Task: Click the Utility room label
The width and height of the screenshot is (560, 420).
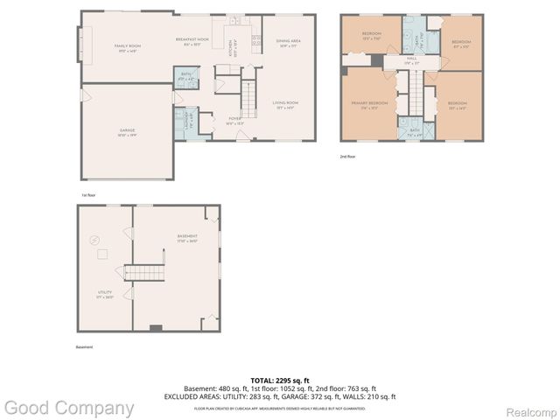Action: [104, 295]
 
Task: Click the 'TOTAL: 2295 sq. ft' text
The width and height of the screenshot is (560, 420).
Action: [279, 380]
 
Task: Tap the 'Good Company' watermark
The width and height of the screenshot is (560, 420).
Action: [68, 408]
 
